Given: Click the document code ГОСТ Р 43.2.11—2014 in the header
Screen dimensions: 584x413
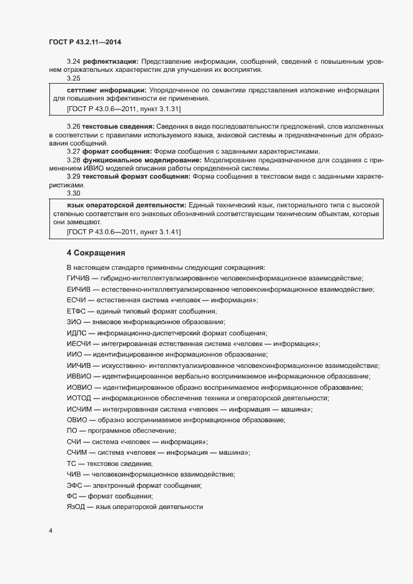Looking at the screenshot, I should tap(84, 41).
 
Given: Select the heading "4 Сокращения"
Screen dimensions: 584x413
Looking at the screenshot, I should tap(96, 253).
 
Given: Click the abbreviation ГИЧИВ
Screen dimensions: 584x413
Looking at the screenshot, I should tap(77, 278).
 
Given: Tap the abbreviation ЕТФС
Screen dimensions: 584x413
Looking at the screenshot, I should tap(76, 311).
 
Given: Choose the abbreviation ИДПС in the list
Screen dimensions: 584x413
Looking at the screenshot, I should tap(76, 333).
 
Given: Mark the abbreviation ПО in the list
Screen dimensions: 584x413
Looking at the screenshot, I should tap(72, 431).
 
